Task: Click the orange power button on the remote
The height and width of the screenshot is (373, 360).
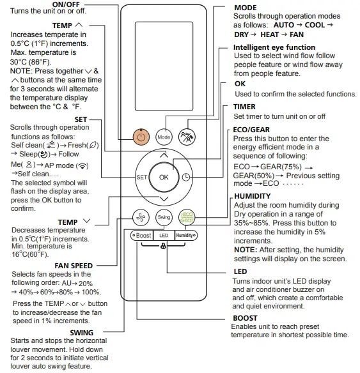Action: click(141, 137)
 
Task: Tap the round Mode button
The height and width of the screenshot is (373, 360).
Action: click(164, 137)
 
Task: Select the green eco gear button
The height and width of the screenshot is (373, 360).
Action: click(187, 217)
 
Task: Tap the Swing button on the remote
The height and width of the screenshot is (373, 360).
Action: click(164, 217)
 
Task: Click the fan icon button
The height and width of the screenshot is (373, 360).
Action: click(141, 217)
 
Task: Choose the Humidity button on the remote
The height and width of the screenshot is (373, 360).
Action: click(186, 234)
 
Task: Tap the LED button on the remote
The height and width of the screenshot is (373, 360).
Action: click(164, 234)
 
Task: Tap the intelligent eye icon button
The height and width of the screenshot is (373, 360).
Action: click(187, 137)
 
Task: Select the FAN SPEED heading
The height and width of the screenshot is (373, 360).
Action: click(74, 265)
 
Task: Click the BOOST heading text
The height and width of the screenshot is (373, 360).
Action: click(246, 318)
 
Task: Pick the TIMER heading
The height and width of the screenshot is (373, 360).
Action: click(245, 107)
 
